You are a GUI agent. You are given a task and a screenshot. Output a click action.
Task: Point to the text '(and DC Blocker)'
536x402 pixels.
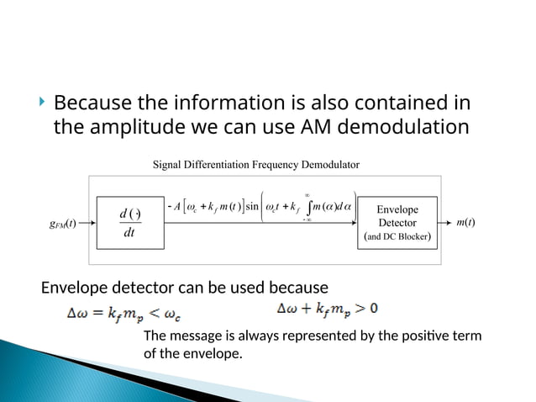click(x=397, y=237)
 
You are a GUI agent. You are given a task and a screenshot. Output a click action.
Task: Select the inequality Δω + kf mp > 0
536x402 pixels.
click(x=327, y=308)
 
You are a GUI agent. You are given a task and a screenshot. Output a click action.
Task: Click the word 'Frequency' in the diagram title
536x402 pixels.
click(x=292, y=164)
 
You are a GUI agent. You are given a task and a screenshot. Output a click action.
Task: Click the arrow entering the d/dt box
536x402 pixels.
click(x=87, y=224)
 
